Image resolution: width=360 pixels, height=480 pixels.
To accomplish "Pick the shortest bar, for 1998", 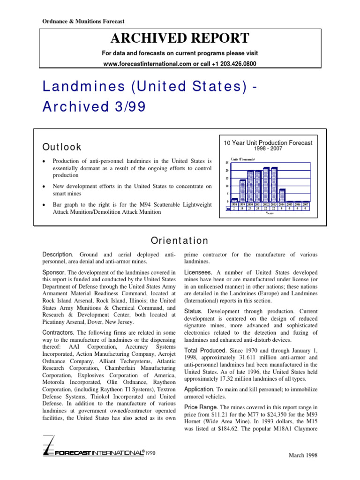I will (235, 200).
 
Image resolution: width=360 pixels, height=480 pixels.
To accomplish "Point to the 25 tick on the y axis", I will (227, 163).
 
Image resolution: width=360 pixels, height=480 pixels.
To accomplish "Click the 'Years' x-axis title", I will (270, 213).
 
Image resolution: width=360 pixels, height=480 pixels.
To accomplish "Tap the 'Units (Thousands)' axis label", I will (243, 159).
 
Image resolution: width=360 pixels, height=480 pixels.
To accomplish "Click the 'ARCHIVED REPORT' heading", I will (180, 38).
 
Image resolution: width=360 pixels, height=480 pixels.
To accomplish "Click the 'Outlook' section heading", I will (62, 147).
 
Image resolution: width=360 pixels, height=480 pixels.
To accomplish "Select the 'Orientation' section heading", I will (180, 241).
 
